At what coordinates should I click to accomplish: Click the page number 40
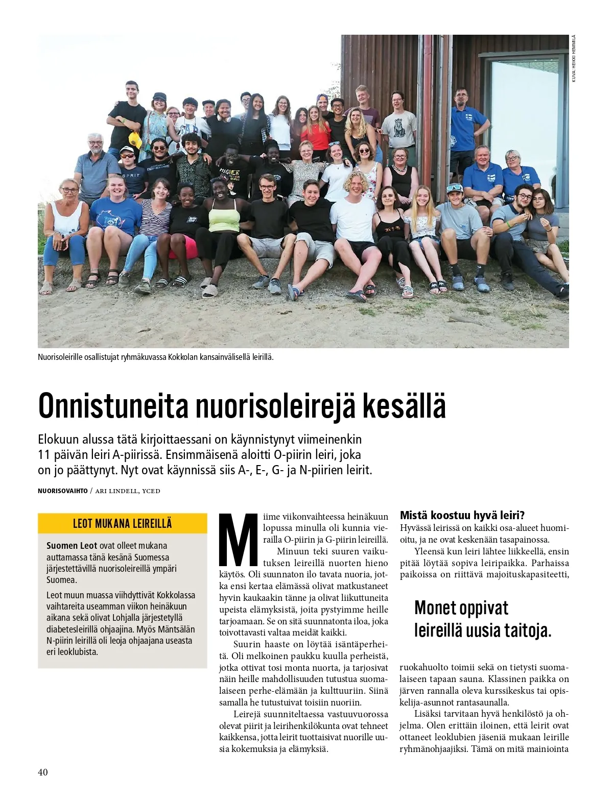coord(43,772)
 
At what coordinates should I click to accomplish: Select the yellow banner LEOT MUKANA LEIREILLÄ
coord(123,523)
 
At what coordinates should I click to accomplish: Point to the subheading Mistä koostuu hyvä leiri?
coord(462,515)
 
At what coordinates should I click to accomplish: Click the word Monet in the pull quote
coord(435,608)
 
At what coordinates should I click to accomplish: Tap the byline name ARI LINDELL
coord(116,491)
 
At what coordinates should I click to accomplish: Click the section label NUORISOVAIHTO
coord(62,491)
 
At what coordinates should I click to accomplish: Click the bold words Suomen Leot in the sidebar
coord(72,546)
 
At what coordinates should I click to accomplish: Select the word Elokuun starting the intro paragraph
coord(59,439)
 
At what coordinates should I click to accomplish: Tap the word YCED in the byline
coord(151,491)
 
